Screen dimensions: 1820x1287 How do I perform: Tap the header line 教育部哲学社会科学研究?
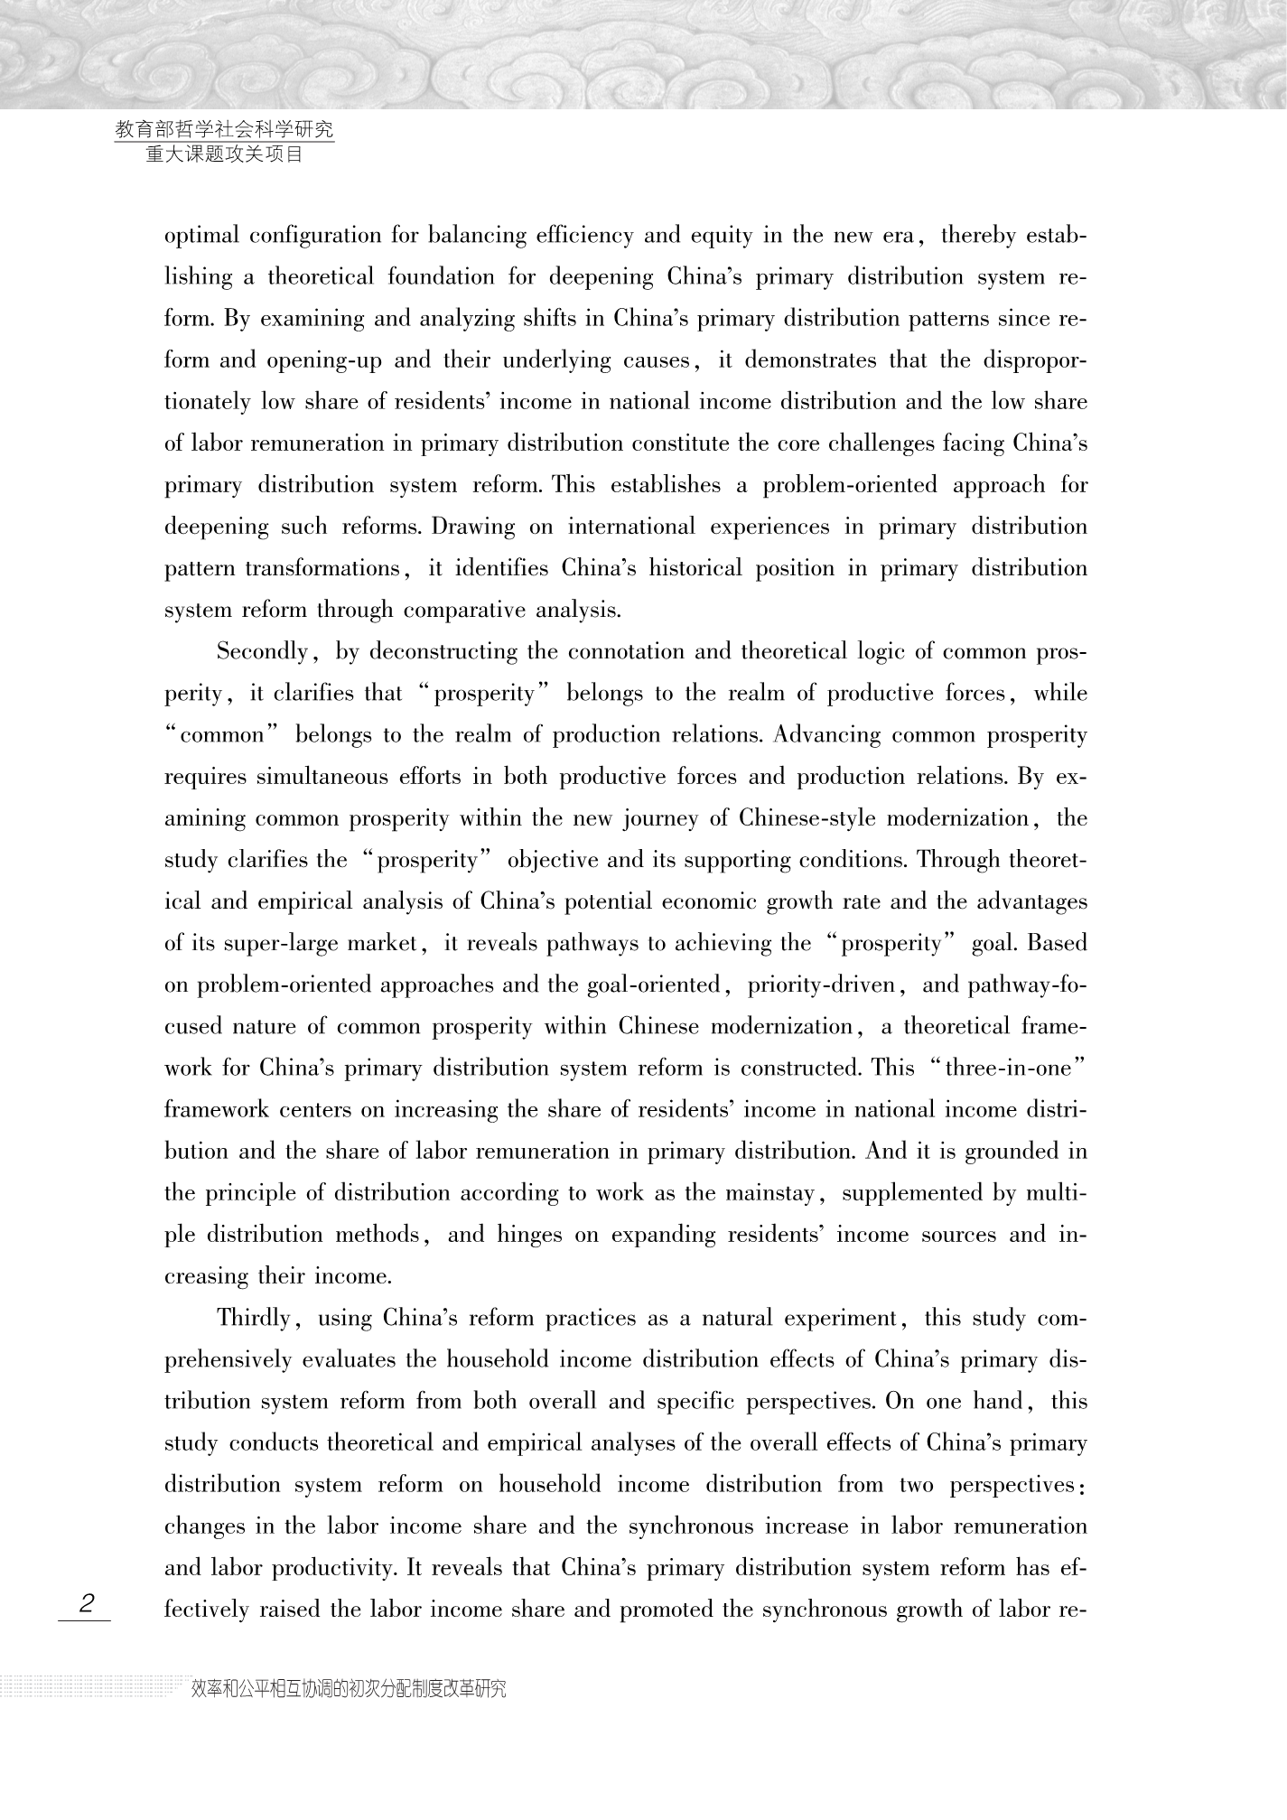click(225, 130)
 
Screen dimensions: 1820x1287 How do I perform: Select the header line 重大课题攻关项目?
click(224, 154)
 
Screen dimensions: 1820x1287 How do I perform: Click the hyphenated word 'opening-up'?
click(324, 360)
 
